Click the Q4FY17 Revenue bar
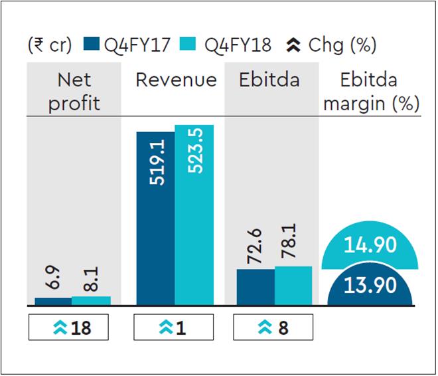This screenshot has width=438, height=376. pyautogui.click(x=156, y=219)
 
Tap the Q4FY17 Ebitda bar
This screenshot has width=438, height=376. pyautogui.click(x=256, y=287)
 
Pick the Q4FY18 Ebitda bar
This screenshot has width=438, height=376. pyautogui.click(x=293, y=286)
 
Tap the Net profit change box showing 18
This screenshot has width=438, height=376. pyautogui.click(x=68, y=328)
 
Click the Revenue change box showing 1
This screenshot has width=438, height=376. pyautogui.click(x=173, y=328)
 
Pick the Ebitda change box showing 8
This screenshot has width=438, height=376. pyautogui.click(x=273, y=328)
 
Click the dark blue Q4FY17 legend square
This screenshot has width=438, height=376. pyautogui.click(x=92, y=46)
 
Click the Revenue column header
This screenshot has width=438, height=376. pyautogui.click(x=176, y=80)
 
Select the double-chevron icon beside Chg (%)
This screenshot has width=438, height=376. pyautogui.click(x=293, y=46)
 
